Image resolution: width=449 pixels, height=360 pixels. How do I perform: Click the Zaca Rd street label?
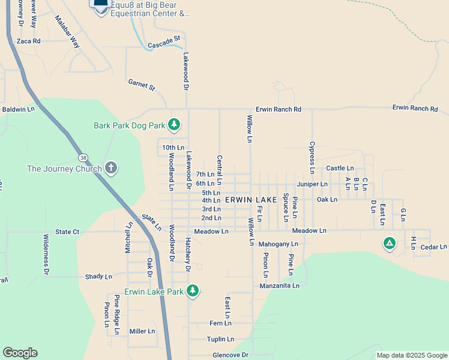click(28, 41)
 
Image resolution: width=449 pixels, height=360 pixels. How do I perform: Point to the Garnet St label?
click(142, 85)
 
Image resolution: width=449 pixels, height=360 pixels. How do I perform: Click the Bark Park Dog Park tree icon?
click(174, 125)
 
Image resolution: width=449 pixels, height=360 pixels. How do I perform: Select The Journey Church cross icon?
click(110, 167)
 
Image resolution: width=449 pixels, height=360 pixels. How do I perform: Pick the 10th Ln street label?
click(173, 147)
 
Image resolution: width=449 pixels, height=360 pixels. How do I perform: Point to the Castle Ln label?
click(340, 169)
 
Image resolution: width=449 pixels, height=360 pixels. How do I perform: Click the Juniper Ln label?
click(312, 184)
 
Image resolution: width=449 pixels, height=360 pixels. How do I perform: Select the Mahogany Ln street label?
click(278, 244)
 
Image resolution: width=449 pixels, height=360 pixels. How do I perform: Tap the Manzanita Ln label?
click(279, 286)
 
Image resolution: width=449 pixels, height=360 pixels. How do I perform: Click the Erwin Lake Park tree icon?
click(192, 292)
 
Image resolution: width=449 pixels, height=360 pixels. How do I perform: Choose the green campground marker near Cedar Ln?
click(390, 244)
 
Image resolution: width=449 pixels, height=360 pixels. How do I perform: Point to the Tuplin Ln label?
click(219, 339)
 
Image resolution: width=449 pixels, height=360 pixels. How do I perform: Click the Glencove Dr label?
click(231, 355)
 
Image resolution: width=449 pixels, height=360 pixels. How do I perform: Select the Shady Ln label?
click(98, 277)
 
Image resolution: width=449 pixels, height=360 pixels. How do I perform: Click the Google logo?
click(20, 353)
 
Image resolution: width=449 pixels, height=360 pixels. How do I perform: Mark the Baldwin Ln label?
click(19, 109)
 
